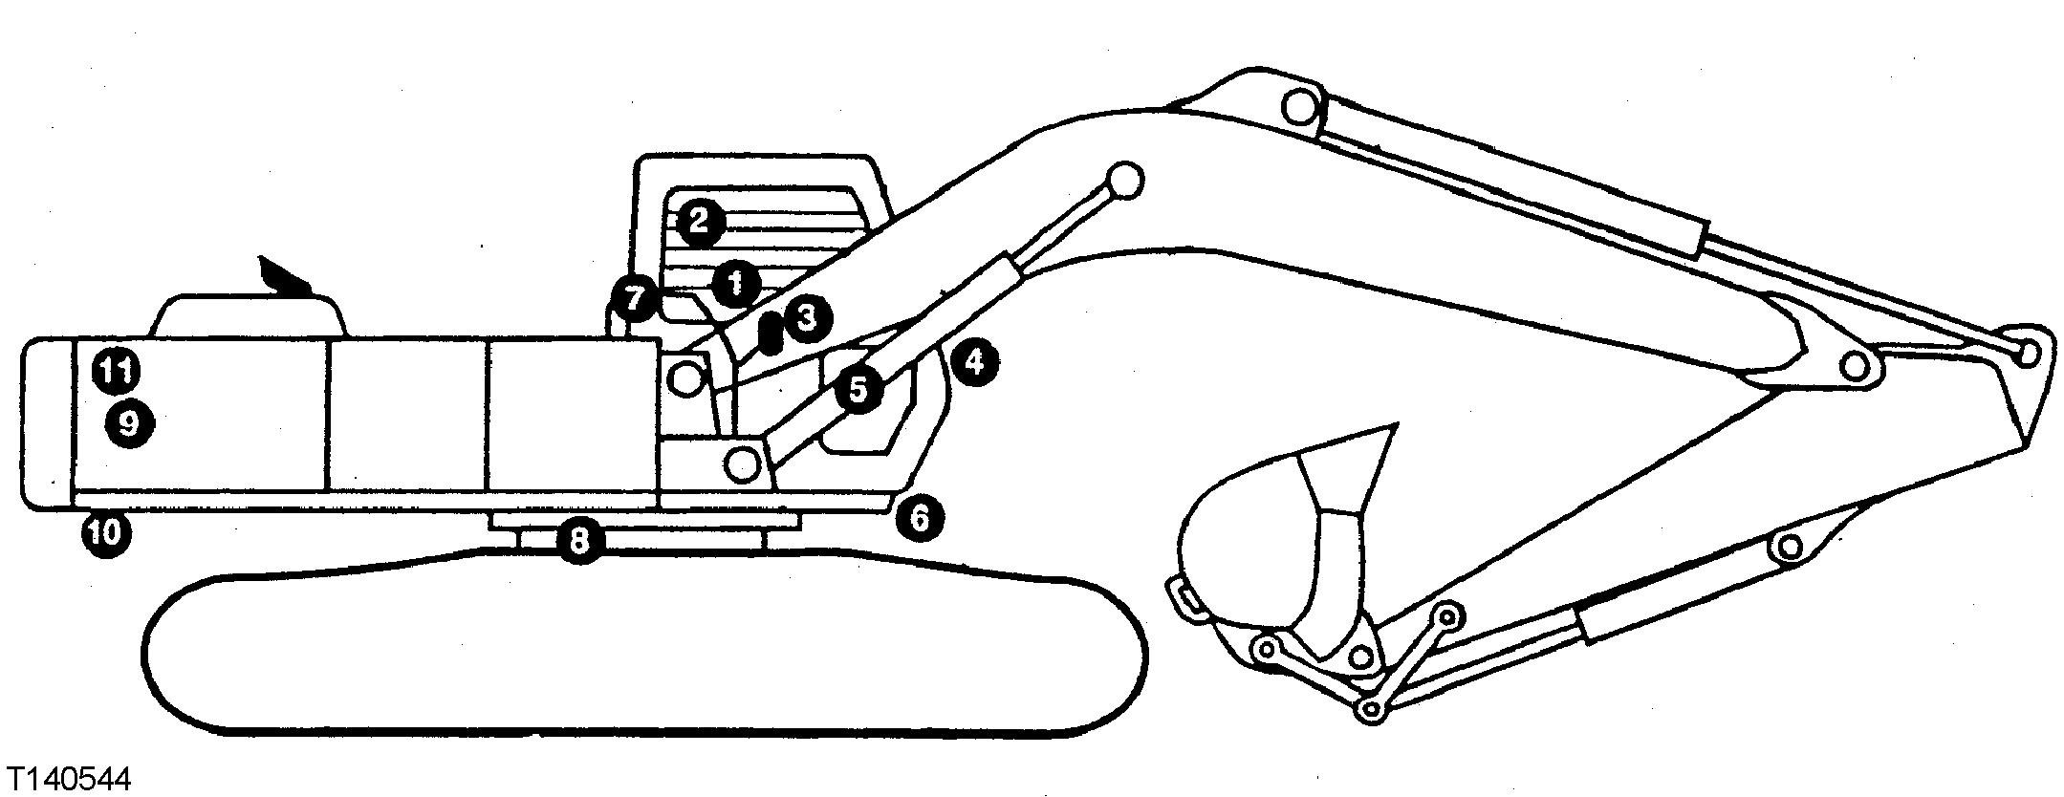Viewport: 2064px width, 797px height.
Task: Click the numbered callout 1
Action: (735, 283)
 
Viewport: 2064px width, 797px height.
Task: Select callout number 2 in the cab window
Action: (699, 222)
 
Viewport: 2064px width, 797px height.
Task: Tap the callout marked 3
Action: (807, 317)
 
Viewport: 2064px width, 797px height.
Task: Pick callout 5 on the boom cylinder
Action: (858, 390)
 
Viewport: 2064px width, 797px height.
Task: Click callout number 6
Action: (920, 518)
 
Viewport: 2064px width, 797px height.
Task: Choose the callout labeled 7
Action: (634, 298)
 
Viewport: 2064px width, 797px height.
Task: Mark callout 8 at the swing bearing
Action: (578, 542)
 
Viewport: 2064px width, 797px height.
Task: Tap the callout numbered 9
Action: (129, 421)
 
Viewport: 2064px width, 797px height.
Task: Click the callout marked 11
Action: (116, 370)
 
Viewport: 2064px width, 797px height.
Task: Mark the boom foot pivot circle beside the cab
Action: (685, 379)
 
